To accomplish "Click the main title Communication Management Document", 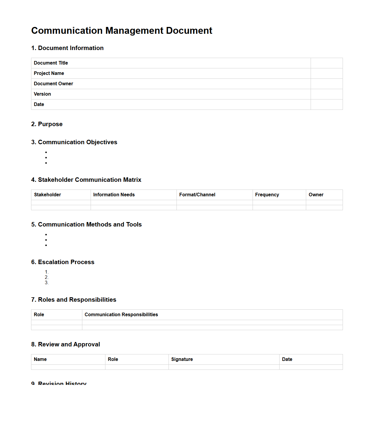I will (122, 30).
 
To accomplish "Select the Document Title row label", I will (51, 63).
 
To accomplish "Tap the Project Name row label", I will (49, 73).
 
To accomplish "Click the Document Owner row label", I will (53, 83).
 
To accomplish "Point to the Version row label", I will (42, 94).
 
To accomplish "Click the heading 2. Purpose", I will (47, 124).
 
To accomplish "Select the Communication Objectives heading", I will (74, 142).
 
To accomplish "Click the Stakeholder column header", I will (47, 195).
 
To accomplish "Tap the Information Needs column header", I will (114, 195).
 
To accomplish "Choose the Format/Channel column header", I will (197, 195).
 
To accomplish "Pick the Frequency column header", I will (267, 195).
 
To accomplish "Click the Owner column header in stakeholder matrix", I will (316, 195).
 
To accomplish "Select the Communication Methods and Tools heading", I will (86, 224).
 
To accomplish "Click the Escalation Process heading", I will (63, 262).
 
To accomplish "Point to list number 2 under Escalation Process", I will (46, 277).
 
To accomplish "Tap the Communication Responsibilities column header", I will (121, 314).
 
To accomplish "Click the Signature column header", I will (182, 359).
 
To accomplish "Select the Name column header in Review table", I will (40, 359).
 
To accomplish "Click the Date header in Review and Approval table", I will (287, 359).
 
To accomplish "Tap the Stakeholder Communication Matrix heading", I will (86, 180).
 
